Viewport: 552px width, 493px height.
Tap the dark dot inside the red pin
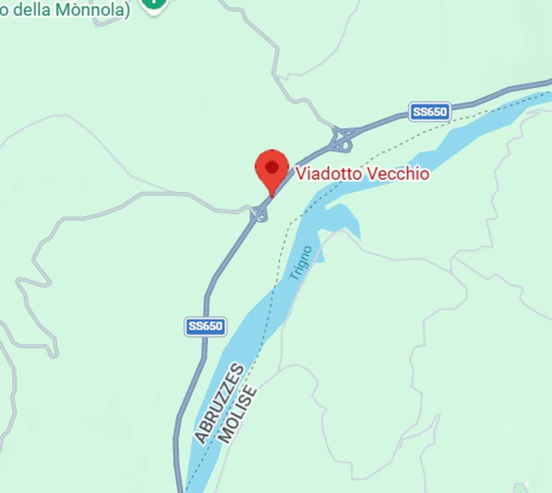click(272, 168)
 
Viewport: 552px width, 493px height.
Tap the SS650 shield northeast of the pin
click(429, 112)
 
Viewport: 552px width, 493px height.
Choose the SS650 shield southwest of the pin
click(205, 326)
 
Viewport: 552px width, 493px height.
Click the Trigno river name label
click(300, 263)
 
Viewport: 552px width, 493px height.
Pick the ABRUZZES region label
click(220, 404)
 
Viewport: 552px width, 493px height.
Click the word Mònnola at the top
click(89, 10)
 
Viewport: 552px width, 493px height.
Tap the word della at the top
click(30, 10)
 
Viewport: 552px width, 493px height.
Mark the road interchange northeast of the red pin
click(341, 139)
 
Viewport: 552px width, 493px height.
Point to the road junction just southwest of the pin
click(259, 212)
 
